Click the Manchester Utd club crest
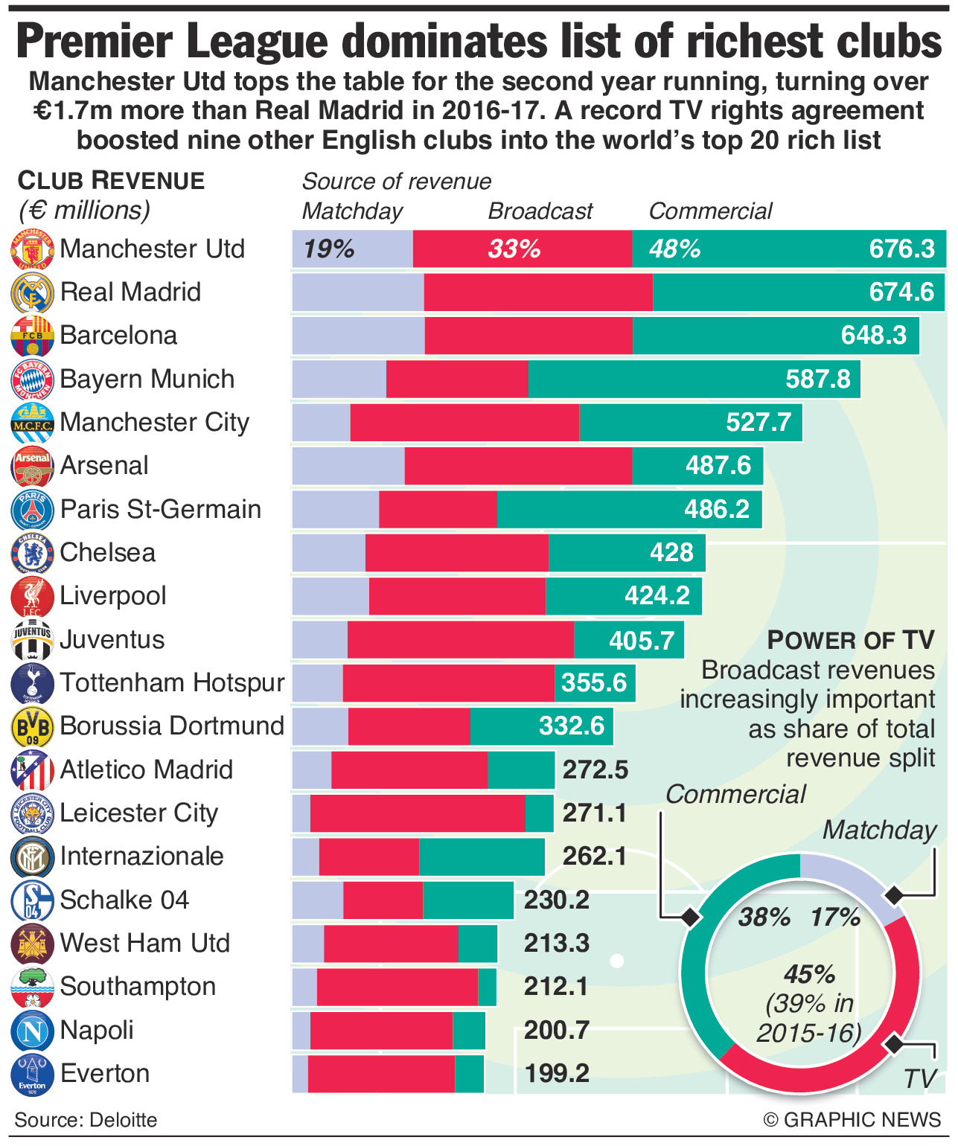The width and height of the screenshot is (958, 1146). click(32, 249)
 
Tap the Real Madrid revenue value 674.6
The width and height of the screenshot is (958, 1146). click(901, 292)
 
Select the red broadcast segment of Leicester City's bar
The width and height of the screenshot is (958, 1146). click(417, 813)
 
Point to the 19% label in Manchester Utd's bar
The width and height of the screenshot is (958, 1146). click(328, 249)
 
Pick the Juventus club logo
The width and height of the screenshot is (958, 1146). click(32, 640)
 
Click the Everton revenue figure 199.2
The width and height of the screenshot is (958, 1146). click(557, 1073)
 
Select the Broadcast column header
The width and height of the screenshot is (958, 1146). click(540, 211)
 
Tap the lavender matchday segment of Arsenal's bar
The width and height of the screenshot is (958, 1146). click(348, 466)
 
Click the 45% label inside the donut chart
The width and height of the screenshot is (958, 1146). click(809, 974)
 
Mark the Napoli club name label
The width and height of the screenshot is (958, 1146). click(97, 1030)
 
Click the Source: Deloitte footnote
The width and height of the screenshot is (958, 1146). click(86, 1120)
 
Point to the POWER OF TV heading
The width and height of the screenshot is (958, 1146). click(851, 640)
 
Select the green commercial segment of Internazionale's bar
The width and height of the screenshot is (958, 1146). click(482, 857)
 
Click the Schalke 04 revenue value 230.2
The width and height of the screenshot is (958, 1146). click(557, 900)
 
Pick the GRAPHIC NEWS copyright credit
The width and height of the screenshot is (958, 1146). click(852, 1120)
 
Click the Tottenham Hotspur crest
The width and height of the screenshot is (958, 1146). click(32, 683)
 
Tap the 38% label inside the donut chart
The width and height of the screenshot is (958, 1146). click(764, 918)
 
